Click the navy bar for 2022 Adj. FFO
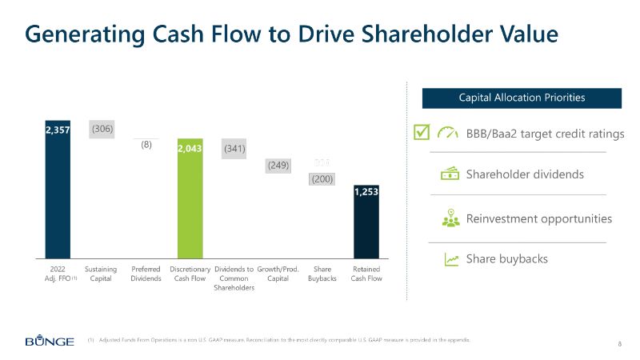click(58, 192)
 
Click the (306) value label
click(102, 128)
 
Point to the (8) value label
click(146, 146)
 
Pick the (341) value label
click(234, 148)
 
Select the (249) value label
click(278, 166)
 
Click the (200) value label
click(322, 180)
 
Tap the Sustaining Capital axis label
click(101, 274)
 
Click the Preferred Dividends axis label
click(146, 274)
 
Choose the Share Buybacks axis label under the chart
click(322, 274)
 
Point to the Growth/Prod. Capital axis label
click(278, 274)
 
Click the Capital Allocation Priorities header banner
click(522, 98)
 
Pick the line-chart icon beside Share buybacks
click(450, 259)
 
